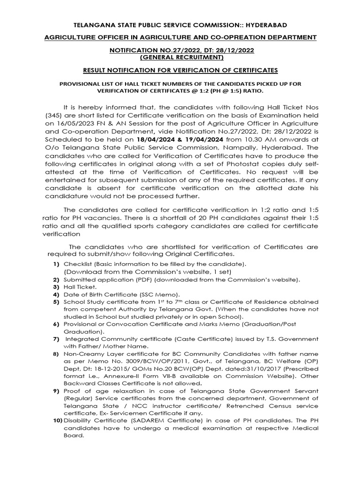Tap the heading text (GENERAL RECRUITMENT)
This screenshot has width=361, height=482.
[x=180, y=57]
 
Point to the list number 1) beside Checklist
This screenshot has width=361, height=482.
[x=55, y=265]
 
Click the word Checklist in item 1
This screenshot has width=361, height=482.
[x=79, y=265]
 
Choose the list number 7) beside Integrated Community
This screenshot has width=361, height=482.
[x=55, y=339]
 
